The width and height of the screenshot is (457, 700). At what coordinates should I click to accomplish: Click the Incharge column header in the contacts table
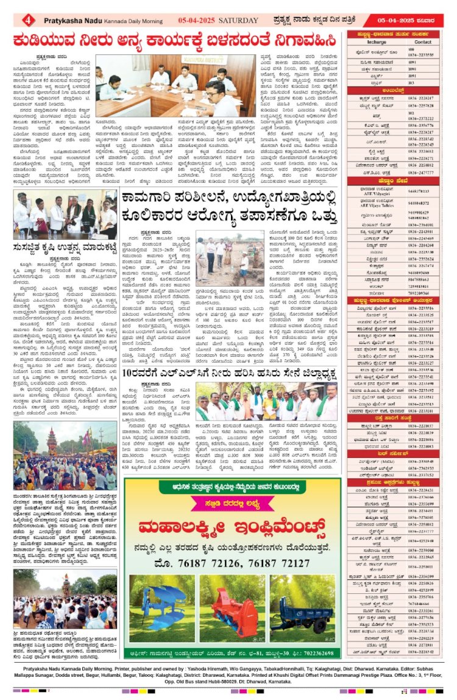(x=372, y=42)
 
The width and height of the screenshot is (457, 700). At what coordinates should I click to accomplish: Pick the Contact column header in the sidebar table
(x=422, y=42)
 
